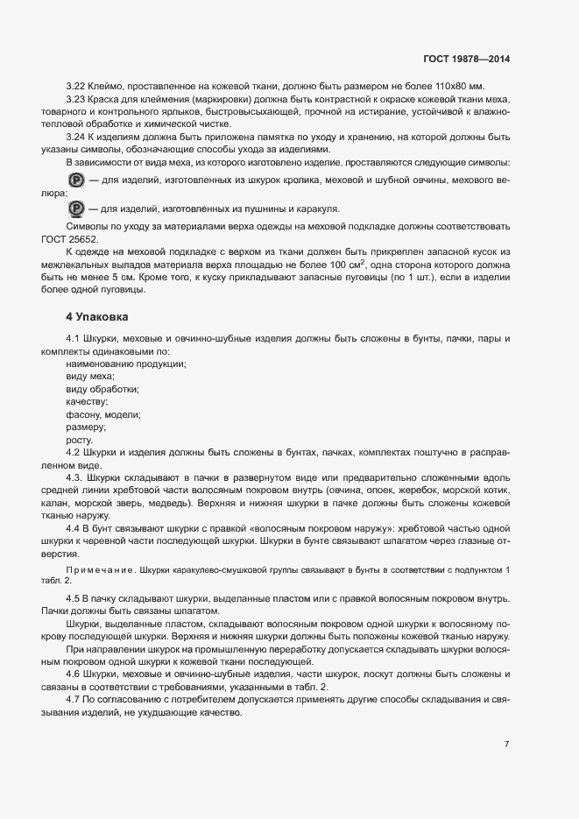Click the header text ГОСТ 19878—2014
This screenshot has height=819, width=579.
(x=466, y=59)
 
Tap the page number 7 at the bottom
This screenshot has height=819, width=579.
(x=506, y=744)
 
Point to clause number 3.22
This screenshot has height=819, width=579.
(x=75, y=88)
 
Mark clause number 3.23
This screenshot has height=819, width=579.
(x=75, y=101)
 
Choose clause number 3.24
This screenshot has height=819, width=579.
(x=75, y=138)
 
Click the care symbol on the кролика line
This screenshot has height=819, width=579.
(x=75, y=180)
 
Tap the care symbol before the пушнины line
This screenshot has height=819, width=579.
(x=75, y=208)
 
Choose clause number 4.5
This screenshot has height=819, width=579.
(x=75, y=597)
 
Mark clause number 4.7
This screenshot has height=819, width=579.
(x=75, y=701)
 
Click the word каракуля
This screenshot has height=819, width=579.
(x=314, y=209)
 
